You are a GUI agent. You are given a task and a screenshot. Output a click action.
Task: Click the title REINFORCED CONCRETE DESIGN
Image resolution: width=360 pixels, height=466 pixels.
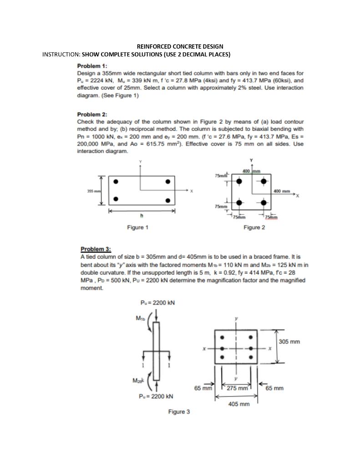click(180, 46)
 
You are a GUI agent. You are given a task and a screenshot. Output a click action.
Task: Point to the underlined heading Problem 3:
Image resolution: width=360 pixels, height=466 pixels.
click(96, 249)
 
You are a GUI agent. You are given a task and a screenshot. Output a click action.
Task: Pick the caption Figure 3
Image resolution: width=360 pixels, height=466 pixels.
click(179, 412)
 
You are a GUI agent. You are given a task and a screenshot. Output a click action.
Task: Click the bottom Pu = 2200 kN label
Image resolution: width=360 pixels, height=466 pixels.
click(156, 396)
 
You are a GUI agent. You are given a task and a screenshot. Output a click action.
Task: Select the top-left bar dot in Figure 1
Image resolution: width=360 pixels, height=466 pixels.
click(116, 182)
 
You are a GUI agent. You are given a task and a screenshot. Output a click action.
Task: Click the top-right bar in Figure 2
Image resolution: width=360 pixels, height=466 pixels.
click(263, 181)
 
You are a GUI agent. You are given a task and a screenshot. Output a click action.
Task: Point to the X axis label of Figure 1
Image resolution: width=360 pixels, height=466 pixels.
click(192, 191)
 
